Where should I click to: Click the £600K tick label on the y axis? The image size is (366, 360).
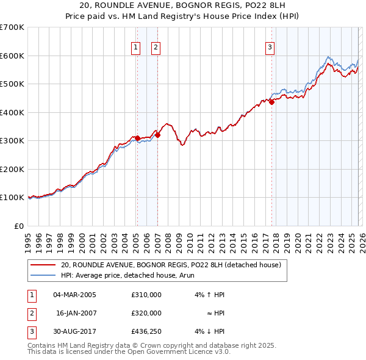12,56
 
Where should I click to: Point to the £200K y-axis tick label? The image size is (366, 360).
12,169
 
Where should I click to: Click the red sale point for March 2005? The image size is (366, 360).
137,138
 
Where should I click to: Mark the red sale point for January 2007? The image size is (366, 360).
157,135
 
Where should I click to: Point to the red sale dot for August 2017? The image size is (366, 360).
271,103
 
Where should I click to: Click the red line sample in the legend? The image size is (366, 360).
43,265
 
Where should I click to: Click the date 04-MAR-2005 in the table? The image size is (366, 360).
74,295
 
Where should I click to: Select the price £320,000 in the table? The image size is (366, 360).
146,313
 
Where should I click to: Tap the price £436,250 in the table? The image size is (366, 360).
146,331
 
